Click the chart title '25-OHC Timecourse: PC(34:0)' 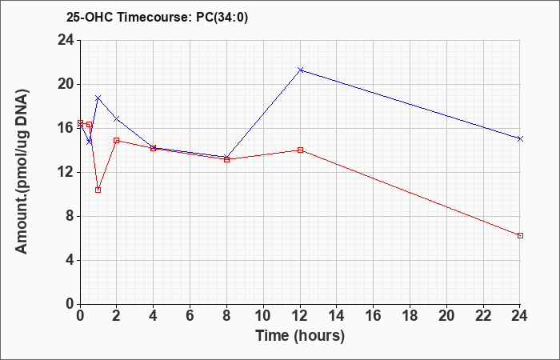click(x=157, y=18)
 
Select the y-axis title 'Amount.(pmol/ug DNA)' click(x=22, y=171)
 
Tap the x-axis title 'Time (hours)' click(x=300, y=336)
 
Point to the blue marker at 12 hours click(x=300, y=70)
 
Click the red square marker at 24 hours click(x=520, y=236)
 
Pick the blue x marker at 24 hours click(x=520, y=138)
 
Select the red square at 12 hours click(x=300, y=150)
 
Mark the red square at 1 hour click(x=98, y=190)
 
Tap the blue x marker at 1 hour click(x=98, y=98)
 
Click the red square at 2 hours click(x=117, y=140)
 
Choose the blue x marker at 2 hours click(x=117, y=118)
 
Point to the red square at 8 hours click(x=226, y=160)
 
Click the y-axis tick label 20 click(x=66, y=85)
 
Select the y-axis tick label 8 click(x=70, y=217)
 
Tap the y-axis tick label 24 click(x=66, y=41)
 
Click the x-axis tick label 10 click(x=263, y=316)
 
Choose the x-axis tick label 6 click(x=190, y=316)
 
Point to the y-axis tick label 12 click(x=66, y=173)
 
